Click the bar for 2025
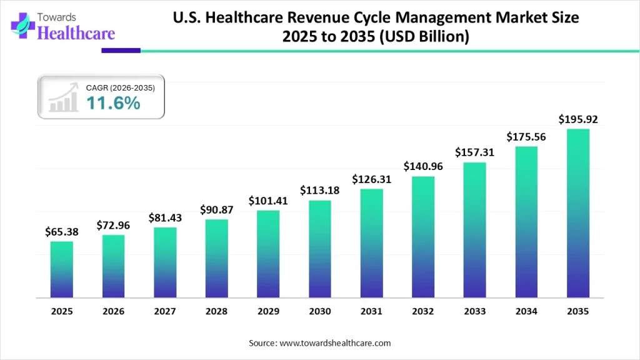click(x=62, y=269)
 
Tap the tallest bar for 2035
click(x=577, y=212)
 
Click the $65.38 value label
click(x=62, y=232)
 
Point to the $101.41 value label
click(x=268, y=201)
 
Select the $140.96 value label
click(x=423, y=166)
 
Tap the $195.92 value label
click(x=577, y=119)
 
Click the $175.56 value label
click(x=526, y=136)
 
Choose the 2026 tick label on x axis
click(x=113, y=311)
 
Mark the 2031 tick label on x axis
click(x=371, y=311)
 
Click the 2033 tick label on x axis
click(x=474, y=311)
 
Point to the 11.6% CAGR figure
click(x=113, y=103)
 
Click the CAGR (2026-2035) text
click(x=121, y=88)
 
